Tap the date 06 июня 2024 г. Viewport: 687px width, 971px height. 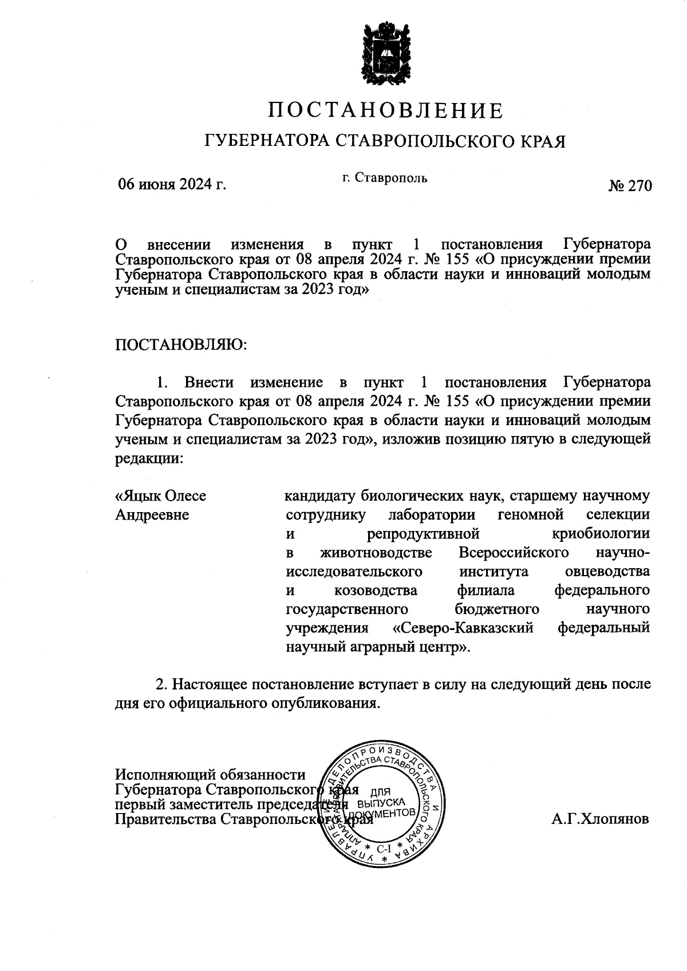click(x=172, y=184)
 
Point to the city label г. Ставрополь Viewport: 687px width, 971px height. click(x=385, y=177)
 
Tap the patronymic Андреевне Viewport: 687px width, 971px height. click(x=152, y=514)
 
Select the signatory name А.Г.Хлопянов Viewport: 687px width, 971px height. click(x=601, y=819)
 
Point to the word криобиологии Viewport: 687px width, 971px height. click(x=601, y=534)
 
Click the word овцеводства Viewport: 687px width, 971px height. click(x=607, y=571)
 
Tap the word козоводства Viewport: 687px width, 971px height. click(x=375, y=590)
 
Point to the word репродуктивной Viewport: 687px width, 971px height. click(x=422, y=534)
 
